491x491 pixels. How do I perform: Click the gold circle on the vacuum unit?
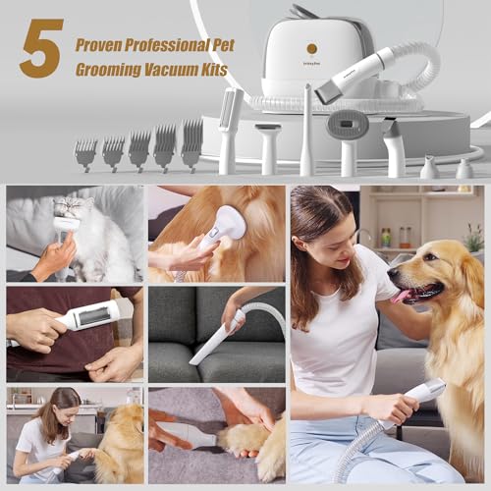click(x=311, y=47)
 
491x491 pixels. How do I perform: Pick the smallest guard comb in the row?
click(x=86, y=153)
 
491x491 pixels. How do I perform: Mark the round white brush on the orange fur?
click(x=228, y=223)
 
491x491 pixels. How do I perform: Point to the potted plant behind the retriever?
click(x=473, y=238)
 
